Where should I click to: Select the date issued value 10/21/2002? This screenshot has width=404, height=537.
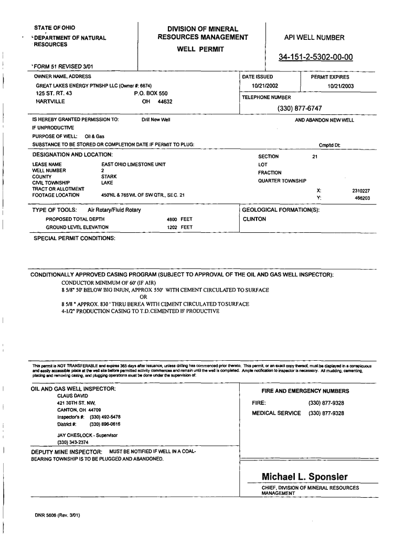coord(264,85)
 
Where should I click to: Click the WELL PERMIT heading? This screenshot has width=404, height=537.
coord(200,49)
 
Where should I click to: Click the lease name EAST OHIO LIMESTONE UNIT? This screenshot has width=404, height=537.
coord(133,164)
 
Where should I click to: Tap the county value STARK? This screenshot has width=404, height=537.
coord(109,177)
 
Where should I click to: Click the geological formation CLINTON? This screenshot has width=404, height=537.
coord(254,219)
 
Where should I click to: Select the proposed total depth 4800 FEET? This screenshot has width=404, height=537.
coord(179,219)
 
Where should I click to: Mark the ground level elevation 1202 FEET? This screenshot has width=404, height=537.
coord(179,228)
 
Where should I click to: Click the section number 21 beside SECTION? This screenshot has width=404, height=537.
coord(315,156)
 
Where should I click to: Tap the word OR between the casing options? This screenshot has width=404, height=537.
coord(136,297)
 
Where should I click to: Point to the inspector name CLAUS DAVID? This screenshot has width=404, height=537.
coord(73,396)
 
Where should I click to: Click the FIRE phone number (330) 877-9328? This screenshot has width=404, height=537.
coord(326,403)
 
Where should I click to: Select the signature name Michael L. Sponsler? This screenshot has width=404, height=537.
coord(304,477)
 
